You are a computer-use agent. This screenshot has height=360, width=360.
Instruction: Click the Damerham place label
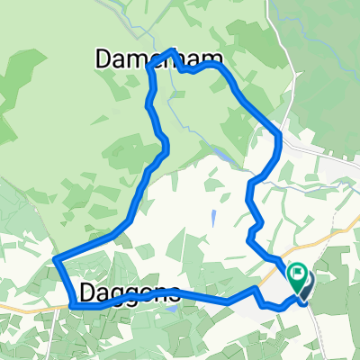(135, 59)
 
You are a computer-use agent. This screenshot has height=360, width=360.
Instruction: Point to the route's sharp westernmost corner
(56, 261)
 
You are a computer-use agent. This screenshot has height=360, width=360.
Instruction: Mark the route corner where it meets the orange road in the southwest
(71, 306)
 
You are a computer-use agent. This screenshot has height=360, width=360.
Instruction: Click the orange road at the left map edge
(7, 307)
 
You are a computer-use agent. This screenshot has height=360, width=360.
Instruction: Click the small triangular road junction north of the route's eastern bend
(286, 117)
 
